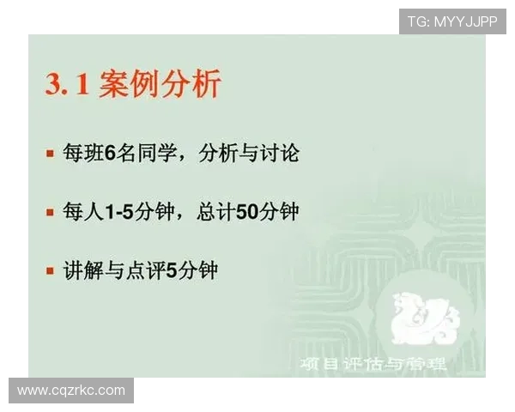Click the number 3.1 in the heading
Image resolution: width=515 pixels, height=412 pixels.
pos(67,85)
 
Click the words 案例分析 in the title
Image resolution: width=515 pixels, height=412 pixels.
pos(160,85)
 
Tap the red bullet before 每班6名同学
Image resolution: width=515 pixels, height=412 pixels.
pos(50,154)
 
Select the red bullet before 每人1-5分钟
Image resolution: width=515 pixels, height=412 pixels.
pos(50,211)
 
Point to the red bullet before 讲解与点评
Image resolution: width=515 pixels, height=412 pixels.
pos(50,270)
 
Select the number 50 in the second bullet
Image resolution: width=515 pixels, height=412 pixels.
pos(247,211)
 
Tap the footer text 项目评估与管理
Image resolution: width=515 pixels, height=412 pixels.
pos(373,364)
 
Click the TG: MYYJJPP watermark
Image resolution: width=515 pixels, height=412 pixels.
pos(451,21)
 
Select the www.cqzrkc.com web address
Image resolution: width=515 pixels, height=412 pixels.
pos(71,391)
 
